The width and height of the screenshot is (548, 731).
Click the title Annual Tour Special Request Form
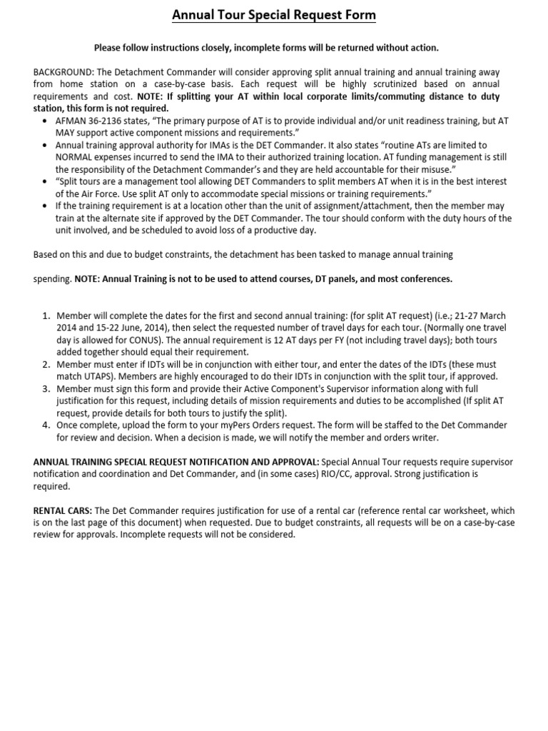[x=274, y=15]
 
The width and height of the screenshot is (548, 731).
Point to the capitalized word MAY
[x=66, y=133]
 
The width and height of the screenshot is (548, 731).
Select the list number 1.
[x=46, y=315]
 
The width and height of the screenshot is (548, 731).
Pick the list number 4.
[x=46, y=425]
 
